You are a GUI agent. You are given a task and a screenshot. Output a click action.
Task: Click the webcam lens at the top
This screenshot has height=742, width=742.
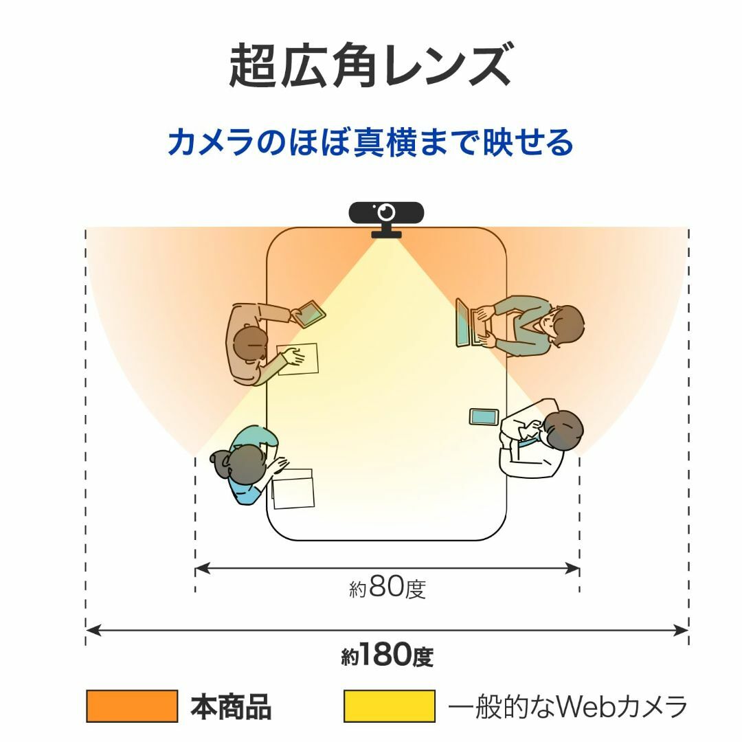[x=387, y=212]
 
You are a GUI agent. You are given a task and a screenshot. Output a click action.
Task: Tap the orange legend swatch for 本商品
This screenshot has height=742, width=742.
[x=132, y=706]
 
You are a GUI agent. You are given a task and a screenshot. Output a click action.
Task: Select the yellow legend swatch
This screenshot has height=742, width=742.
[x=389, y=706]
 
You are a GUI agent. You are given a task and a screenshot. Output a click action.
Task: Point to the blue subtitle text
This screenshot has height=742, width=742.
[x=370, y=142]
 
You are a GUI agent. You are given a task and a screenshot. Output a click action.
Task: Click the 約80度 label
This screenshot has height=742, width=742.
[x=387, y=587]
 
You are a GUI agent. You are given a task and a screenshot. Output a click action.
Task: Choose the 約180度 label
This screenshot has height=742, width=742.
[x=387, y=655]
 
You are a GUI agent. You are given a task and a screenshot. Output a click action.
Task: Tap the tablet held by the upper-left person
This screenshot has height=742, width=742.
[x=308, y=313]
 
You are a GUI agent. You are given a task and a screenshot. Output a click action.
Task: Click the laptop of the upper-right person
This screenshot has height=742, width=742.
[x=469, y=322]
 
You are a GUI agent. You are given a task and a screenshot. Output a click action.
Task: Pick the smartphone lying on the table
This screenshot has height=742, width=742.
[x=484, y=417]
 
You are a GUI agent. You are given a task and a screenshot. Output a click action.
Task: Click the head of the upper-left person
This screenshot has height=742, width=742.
[x=250, y=345]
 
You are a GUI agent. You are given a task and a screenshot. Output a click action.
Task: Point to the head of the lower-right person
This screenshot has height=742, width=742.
[x=563, y=429]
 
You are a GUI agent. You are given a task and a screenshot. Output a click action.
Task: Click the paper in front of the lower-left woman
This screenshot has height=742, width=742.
[x=293, y=489]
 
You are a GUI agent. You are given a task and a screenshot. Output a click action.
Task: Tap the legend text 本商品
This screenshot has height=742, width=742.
[x=231, y=706]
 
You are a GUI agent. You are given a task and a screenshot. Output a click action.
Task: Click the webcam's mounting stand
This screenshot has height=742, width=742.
[x=386, y=230]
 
